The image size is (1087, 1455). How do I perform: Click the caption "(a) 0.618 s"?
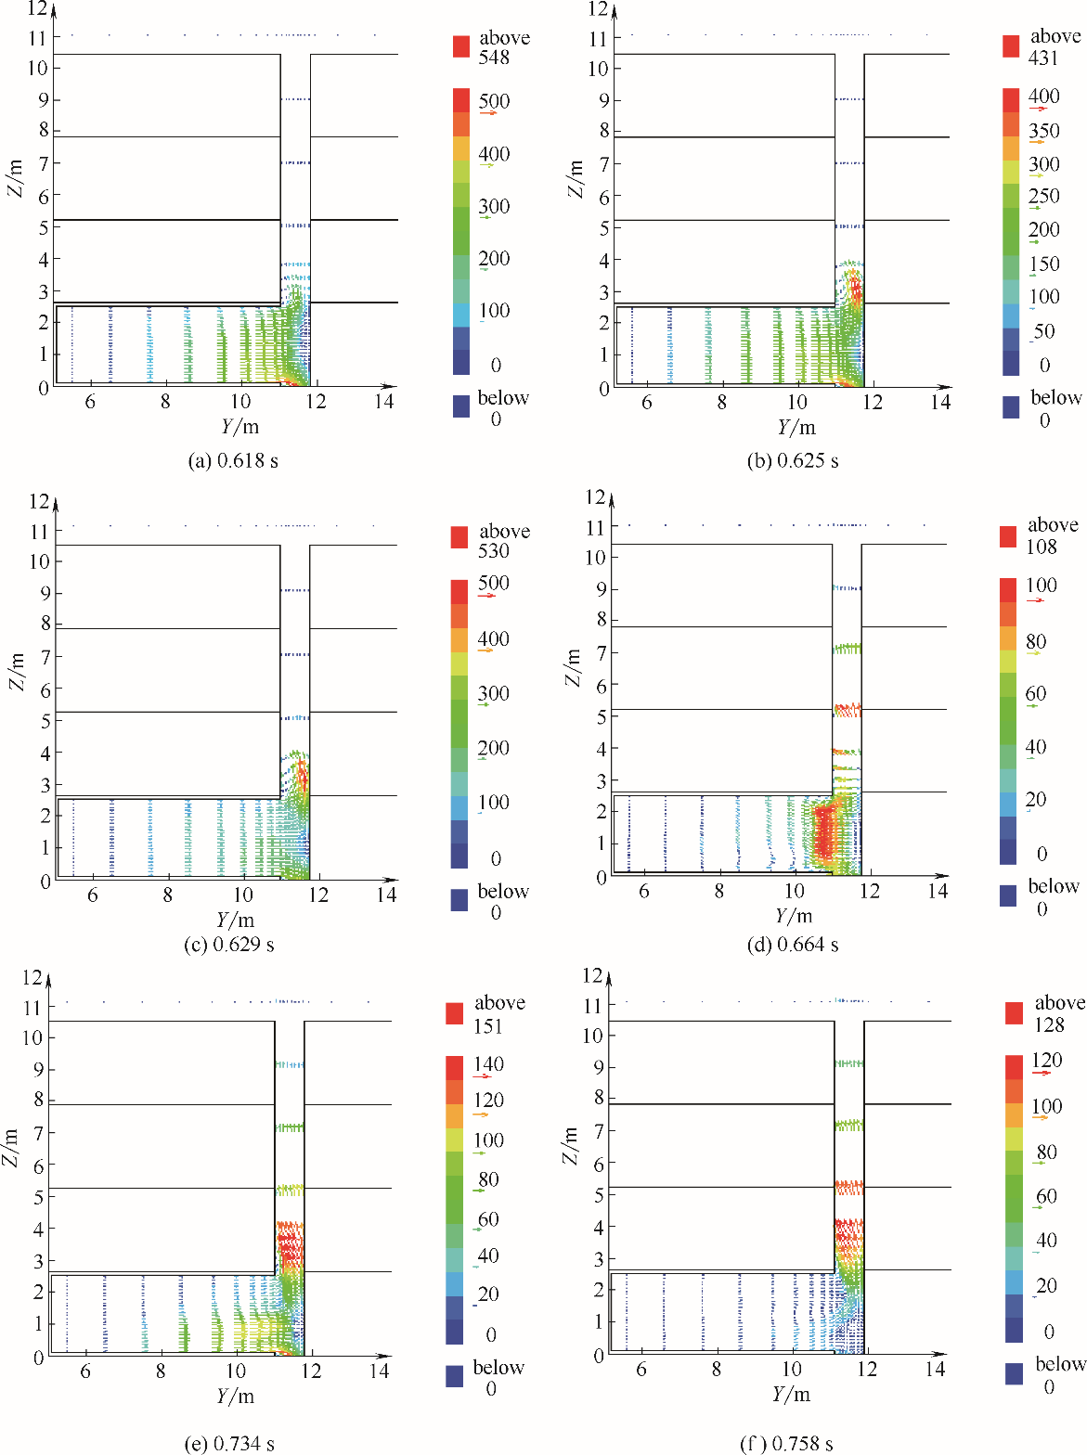click(x=233, y=461)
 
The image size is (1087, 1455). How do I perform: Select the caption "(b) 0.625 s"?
click(x=792, y=461)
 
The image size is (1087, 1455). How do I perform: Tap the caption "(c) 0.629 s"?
click(x=229, y=946)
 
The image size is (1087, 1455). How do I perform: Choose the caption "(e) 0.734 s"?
click(x=229, y=1443)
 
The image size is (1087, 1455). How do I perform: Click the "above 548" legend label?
click(x=503, y=47)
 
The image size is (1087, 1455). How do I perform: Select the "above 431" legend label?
click(x=1055, y=46)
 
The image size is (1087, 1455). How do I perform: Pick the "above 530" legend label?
click(x=503, y=541)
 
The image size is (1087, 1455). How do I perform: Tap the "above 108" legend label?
click(x=1052, y=535)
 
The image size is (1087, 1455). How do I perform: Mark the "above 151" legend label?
click(x=498, y=1014)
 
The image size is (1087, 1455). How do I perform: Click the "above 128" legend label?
click(x=1058, y=1013)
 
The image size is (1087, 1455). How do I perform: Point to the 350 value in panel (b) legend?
click(x=1043, y=131)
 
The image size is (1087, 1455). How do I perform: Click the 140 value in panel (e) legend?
click(x=488, y=1064)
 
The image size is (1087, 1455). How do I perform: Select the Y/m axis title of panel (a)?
click(x=240, y=427)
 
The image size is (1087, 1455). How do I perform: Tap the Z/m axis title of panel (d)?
click(x=574, y=667)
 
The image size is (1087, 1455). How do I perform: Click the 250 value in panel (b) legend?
click(x=1043, y=196)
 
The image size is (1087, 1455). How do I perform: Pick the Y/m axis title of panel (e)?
click(x=235, y=1397)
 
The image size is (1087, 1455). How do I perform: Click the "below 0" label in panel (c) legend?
click(x=502, y=902)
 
